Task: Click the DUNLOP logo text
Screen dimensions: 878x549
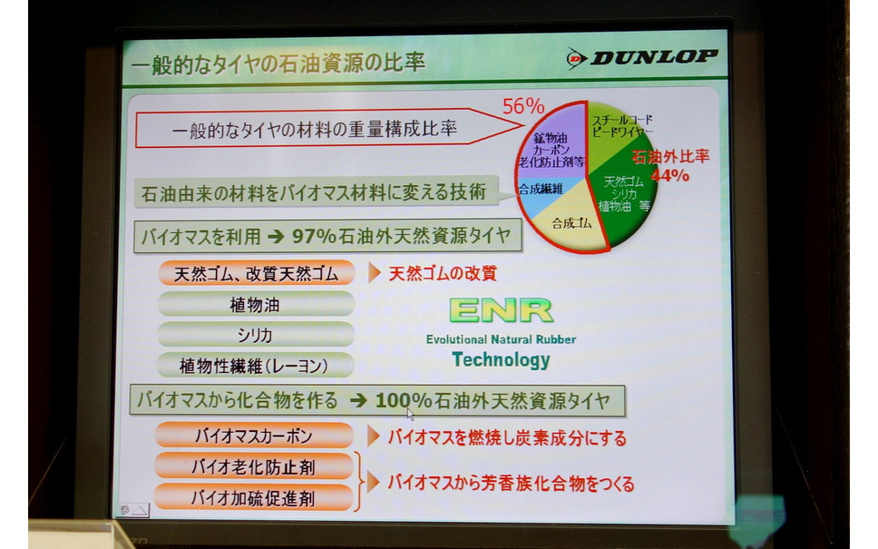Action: point(653,57)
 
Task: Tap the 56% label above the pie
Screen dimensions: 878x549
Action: point(523,106)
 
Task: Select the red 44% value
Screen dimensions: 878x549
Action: point(669,175)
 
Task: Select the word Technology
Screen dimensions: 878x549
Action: point(501,359)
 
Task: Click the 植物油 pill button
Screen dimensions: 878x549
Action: point(256,304)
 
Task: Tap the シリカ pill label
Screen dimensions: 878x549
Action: point(256,335)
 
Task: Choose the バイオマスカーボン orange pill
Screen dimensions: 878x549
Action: point(254,436)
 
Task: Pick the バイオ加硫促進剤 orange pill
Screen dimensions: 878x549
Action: point(253,498)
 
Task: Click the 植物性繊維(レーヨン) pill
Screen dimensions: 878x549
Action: point(255,366)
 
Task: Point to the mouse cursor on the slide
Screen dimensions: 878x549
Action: point(411,414)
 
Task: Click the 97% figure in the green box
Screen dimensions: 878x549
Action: point(314,236)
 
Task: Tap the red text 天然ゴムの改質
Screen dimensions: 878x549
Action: point(443,273)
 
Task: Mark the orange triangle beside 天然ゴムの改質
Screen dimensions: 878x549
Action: point(374,273)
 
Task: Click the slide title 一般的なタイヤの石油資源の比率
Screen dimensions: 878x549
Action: point(278,64)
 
